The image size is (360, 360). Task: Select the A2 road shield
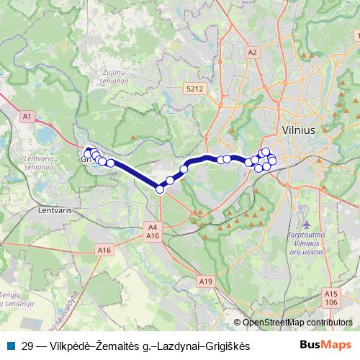click(x=251, y=52)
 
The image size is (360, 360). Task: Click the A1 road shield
click(x=27, y=115)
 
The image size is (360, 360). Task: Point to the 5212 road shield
click(x=192, y=89)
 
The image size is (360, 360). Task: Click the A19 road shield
click(x=206, y=280)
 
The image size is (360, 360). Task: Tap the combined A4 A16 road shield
click(x=152, y=231)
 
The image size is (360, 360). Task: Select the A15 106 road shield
click(x=331, y=297)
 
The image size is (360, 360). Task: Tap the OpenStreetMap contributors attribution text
click(x=297, y=323)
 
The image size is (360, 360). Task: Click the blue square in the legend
click(x=10, y=346)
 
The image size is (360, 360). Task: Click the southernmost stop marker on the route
click(x=160, y=189)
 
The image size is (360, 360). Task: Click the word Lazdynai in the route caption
click(x=174, y=346)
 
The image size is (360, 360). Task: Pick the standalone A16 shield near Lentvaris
click(x=105, y=249)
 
